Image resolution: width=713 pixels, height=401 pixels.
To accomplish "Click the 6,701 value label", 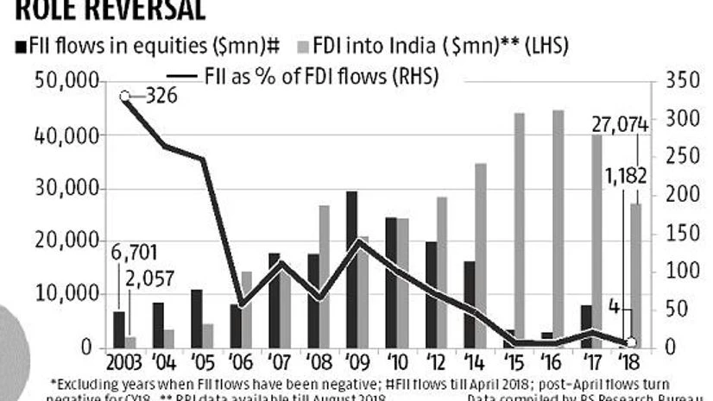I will click(135, 253).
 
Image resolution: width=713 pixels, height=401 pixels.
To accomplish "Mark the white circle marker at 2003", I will click(125, 96).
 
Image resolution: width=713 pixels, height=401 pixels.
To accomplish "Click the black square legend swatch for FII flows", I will click(20, 44).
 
